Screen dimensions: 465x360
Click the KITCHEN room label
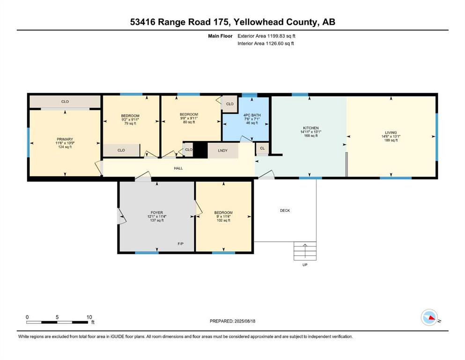point(311,128)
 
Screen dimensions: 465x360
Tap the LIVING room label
point(391,133)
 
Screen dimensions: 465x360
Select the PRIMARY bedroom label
point(65,139)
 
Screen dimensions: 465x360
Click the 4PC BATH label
point(252,115)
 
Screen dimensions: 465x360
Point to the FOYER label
point(157,212)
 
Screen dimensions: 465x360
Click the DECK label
point(285,210)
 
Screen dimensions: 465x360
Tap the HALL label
point(178,168)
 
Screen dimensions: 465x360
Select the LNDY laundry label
point(223,150)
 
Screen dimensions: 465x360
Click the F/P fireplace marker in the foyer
point(181,244)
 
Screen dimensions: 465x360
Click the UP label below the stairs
point(305,265)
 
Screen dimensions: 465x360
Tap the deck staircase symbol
point(305,251)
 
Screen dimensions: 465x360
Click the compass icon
point(429,317)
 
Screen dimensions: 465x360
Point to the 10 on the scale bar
point(89,317)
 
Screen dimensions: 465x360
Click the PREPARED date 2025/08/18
point(244,321)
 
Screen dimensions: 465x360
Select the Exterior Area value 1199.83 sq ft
point(281,36)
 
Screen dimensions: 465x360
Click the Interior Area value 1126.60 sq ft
point(280,43)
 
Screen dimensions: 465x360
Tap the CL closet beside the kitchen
point(262,148)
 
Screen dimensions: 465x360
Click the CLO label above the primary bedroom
point(65,102)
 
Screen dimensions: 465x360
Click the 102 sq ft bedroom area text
point(224,220)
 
